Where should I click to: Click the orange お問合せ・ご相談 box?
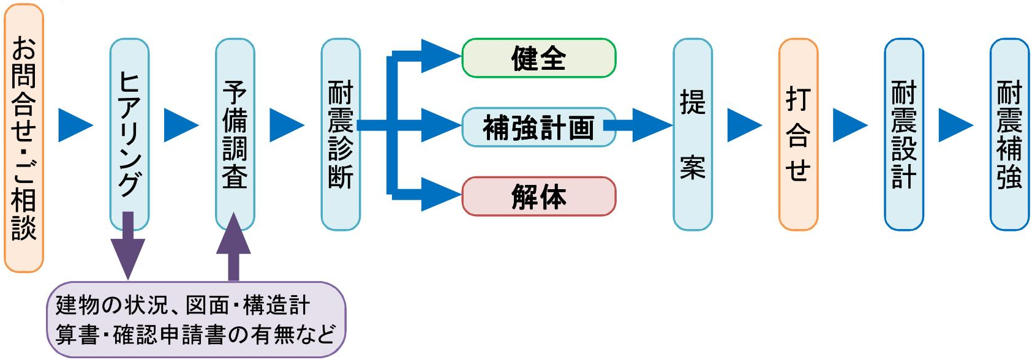pos(24,138)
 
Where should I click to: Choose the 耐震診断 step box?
pos(341,135)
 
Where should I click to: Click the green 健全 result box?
pos(538,58)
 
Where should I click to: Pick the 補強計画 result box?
pos(538,127)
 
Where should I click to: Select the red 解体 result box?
pos(538,197)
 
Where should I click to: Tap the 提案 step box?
pos(693,135)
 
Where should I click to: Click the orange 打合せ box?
pos(798,135)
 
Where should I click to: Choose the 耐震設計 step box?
pos(904,135)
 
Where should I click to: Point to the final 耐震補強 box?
pos(1009,135)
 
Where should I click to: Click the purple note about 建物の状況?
pos(196,320)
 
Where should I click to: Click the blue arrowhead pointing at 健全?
pos(440,56)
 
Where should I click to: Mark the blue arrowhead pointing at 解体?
pos(440,195)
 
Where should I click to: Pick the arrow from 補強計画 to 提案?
pos(643,126)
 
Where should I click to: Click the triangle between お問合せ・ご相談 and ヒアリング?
pos(75,126)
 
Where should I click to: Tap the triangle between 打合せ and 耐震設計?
pos(850,126)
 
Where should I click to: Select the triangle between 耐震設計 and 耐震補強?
pos(955,126)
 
